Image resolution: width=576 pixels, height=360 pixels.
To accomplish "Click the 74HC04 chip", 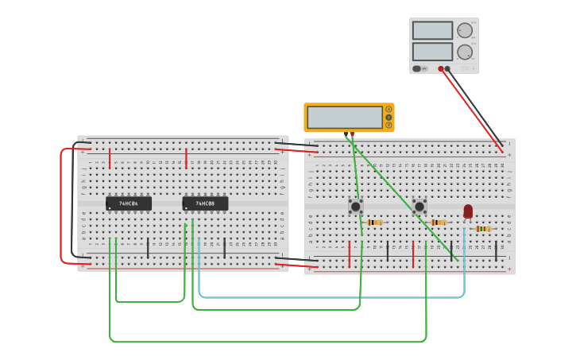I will [x=129, y=203].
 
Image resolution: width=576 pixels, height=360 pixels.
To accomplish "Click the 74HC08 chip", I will [x=205, y=203].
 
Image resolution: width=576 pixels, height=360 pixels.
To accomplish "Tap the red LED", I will [x=468, y=211].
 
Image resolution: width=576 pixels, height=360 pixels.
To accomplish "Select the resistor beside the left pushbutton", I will [x=375, y=223].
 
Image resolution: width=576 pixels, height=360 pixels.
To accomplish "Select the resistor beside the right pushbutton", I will [x=439, y=223].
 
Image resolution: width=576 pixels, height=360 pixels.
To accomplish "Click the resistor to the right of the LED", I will [x=483, y=229].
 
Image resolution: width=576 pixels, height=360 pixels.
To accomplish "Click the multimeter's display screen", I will [x=345, y=118].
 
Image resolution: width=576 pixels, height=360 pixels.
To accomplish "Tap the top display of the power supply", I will [x=432, y=30].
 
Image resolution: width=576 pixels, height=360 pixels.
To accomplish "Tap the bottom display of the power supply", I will [x=432, y=52].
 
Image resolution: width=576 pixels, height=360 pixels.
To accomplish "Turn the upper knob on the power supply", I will [x=465, y=30].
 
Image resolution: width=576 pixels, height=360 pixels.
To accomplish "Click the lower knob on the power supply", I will [x=465, y=52].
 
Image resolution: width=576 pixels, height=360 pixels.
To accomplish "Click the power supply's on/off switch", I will [x=417, y=68].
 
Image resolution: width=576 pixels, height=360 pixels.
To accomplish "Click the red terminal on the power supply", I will [x=441, y=68].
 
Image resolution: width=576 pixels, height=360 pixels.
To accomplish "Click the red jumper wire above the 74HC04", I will [x=110, y=153].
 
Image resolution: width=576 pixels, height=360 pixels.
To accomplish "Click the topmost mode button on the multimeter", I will [x=389, y=109].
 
